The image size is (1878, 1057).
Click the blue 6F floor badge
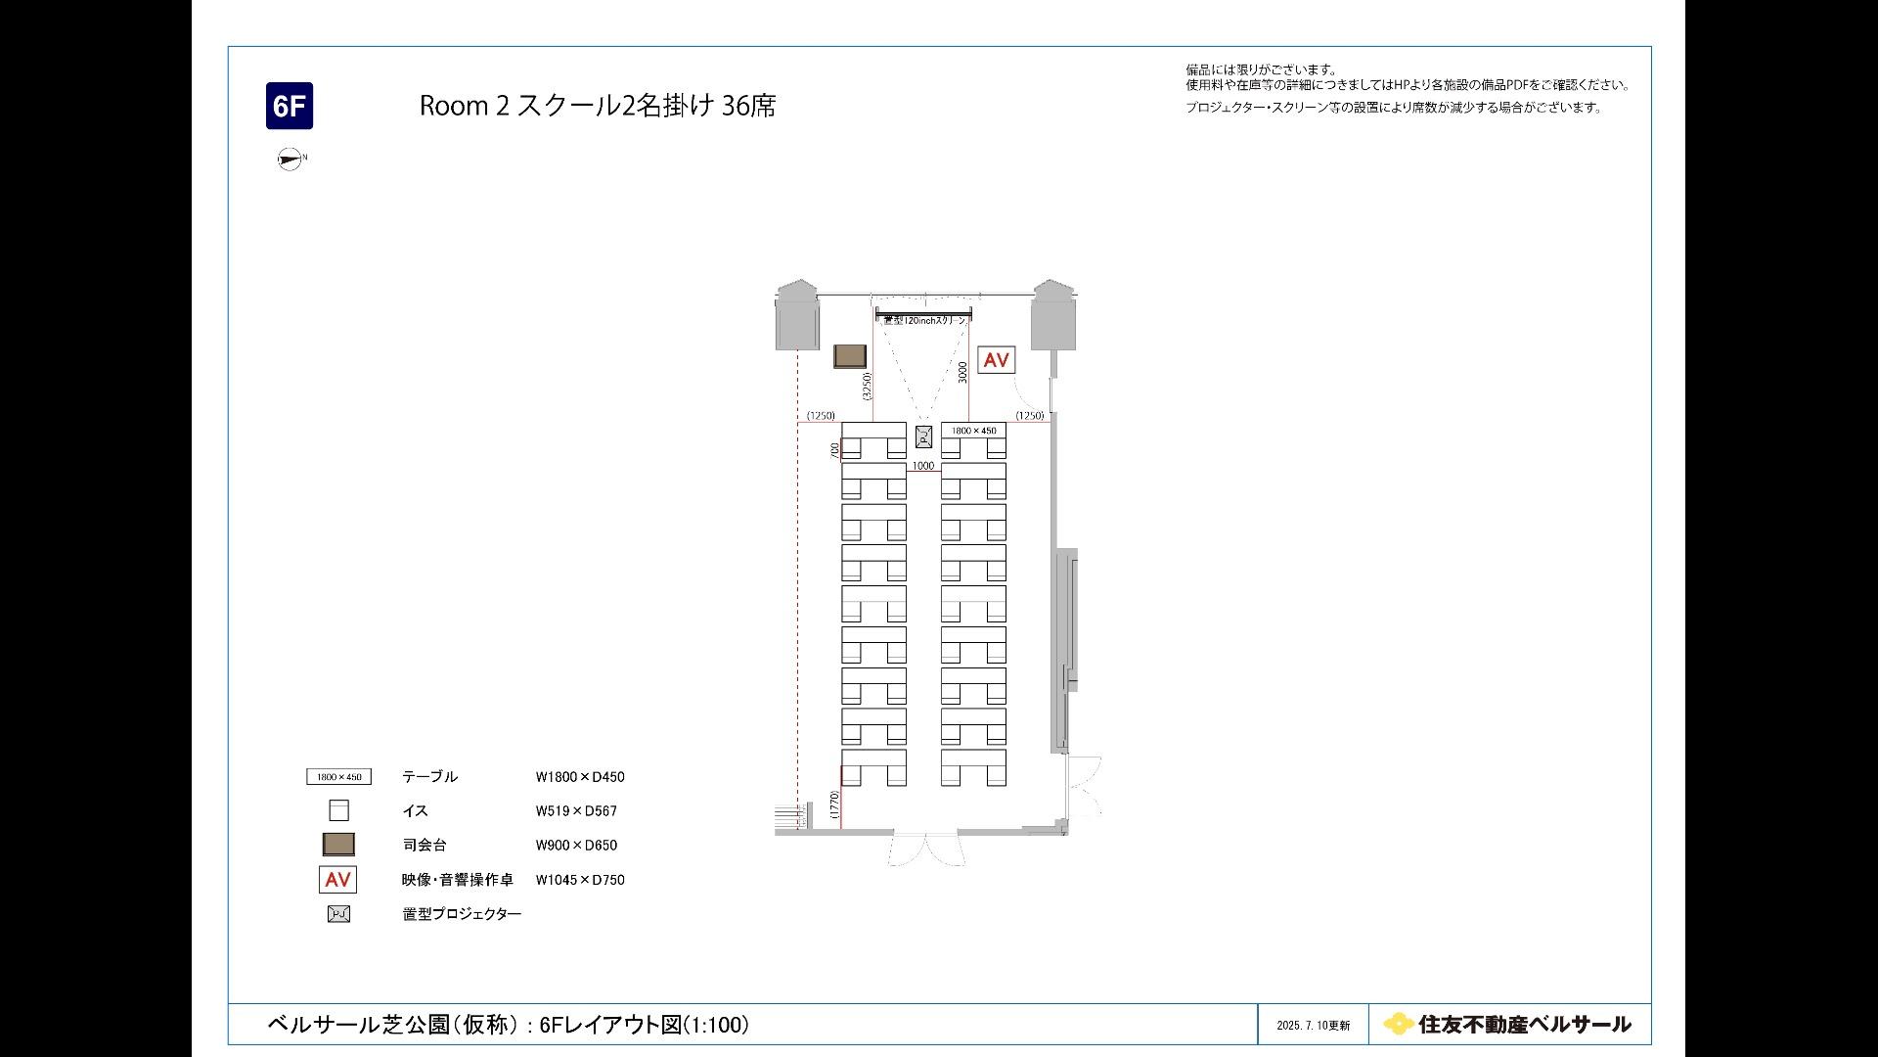290,106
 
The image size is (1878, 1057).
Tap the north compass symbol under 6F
290,159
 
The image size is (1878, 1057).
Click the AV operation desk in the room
996,360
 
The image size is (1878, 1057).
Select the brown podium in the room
852,356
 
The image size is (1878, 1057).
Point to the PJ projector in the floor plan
923,437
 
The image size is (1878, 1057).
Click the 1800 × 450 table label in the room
973,431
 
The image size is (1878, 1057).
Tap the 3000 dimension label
962,372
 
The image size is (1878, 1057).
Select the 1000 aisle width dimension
923,466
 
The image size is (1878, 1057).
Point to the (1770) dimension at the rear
834,804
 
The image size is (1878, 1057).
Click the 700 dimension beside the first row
834,450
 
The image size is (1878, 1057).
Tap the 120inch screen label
923,321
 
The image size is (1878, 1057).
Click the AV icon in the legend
337,880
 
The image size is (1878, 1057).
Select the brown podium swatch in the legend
338,844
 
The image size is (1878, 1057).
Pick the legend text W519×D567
576,811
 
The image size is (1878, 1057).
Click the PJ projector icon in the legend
338,914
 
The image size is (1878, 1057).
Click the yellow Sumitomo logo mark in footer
1398,1024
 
